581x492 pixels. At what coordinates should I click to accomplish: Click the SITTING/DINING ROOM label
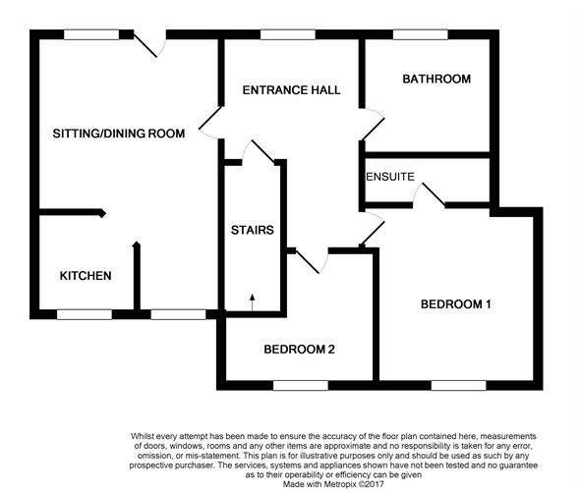(119, 134)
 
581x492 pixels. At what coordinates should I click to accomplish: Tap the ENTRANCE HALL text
(291, 90)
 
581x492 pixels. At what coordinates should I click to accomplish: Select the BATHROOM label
(436, 79)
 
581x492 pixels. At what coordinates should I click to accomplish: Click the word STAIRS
(254, 232)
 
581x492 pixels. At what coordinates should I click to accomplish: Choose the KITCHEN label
(86, 276)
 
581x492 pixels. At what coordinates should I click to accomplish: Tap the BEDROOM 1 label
(455, 304)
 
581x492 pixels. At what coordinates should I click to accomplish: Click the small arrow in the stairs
(252, 301)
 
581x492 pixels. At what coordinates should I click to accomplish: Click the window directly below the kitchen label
(84, 314)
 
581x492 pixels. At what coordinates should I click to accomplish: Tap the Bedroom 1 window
(458, 384)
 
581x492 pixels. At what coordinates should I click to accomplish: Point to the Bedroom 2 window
(300, 384)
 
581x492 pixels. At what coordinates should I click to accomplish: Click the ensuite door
(429, 196)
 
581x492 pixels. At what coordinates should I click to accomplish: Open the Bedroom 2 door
(310, 261)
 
